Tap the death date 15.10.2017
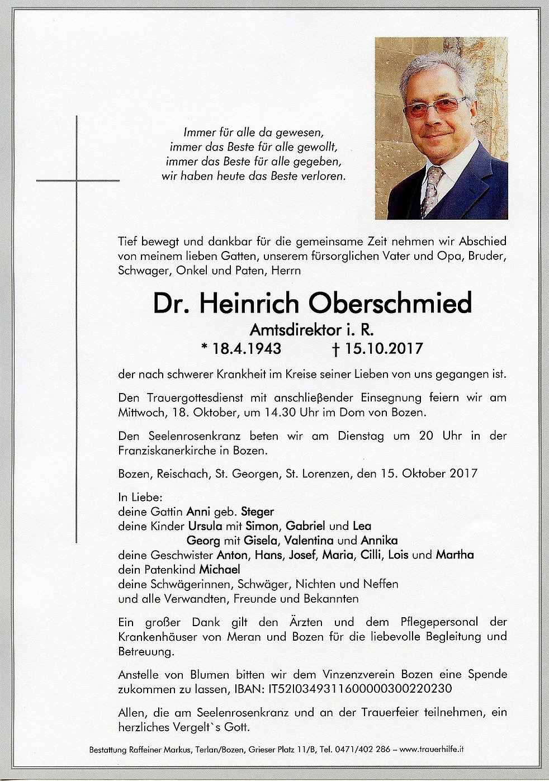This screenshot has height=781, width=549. click(x=384, y=349)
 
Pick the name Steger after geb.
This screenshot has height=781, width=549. click(x=257, y=512)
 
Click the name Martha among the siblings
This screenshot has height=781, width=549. click(x=455, y=555)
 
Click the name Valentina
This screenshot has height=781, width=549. click(x=309, y=541)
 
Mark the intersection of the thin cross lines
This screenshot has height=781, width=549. click(x=77, y=181)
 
